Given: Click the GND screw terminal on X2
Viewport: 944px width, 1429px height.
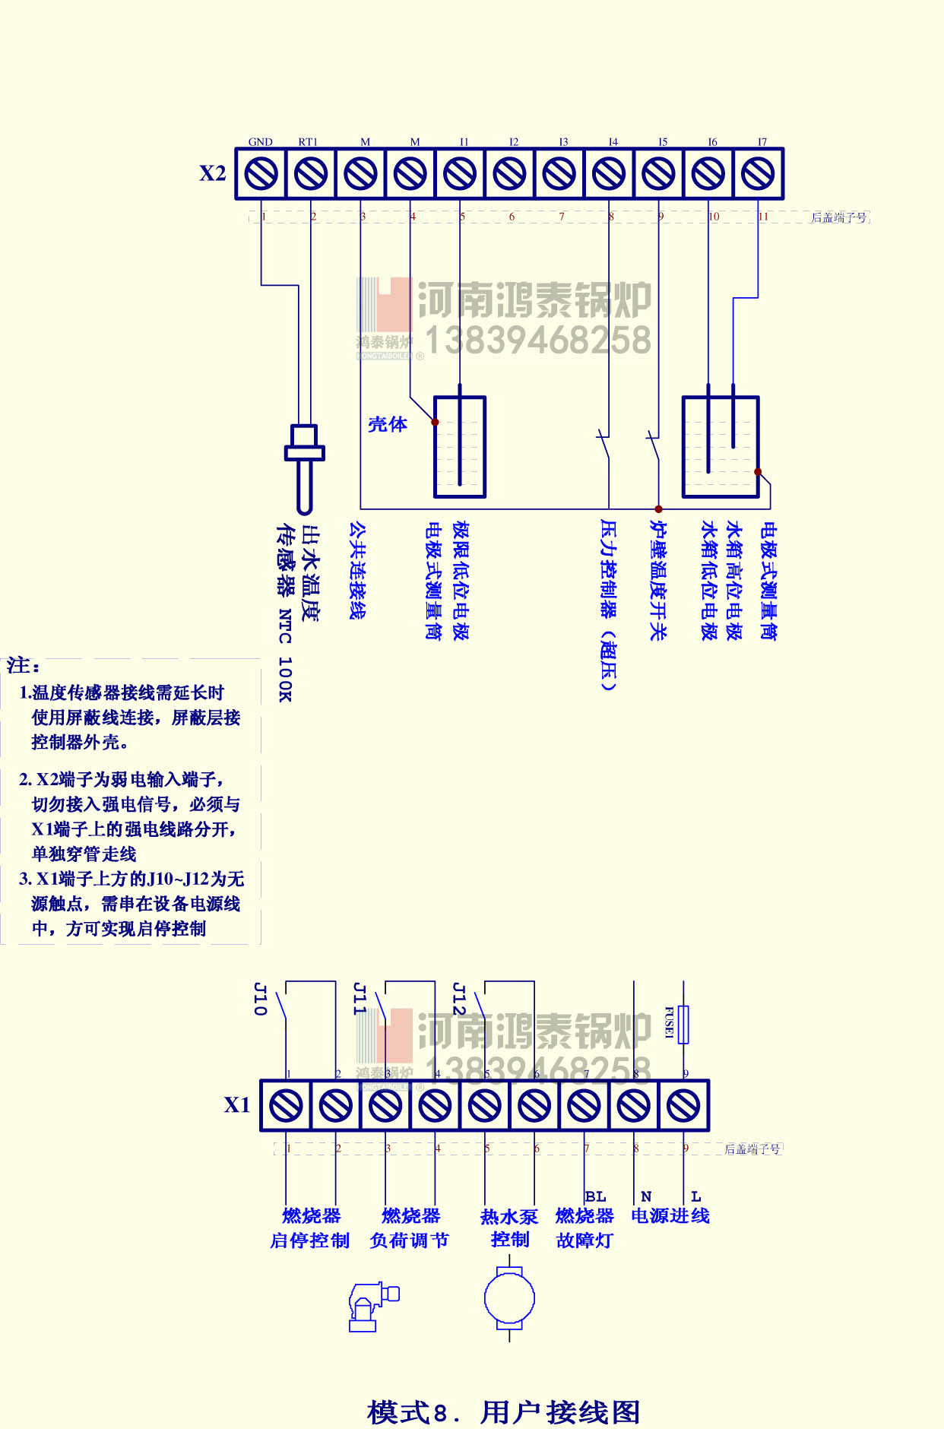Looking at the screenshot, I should coord(261,174).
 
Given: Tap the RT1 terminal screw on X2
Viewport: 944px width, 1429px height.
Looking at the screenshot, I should coord(311,174).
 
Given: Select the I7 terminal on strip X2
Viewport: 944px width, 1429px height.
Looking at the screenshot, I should coord(758,174).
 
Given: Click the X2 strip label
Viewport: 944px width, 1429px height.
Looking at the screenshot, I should coord(213,173).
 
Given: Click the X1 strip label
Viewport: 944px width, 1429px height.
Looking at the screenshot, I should coord(237,1105).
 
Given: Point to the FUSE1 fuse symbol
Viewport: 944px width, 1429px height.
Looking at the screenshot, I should coord(683,1024).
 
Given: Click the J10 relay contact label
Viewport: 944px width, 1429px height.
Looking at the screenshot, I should coord(260,999).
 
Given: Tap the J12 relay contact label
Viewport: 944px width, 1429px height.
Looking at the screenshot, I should coord(458,999).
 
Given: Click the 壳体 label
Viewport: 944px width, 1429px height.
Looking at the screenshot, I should coord(388,424).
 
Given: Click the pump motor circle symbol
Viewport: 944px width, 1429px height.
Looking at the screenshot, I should coord(509,1298).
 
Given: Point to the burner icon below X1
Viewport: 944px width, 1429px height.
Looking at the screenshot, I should coord(372,1306).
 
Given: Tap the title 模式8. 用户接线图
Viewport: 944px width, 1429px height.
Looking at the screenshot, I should coord(503,1412).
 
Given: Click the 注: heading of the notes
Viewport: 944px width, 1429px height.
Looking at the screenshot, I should coord(24,666).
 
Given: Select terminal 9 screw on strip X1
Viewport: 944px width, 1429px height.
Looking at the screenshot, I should coord(683,1105).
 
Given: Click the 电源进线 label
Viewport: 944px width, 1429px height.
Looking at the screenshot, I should coord(670,1216).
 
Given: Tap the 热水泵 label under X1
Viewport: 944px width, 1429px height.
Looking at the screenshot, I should coord(509,1217).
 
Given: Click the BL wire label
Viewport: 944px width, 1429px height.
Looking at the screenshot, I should coord(596,1196).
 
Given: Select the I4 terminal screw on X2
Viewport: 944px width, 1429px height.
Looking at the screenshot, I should coord(609,174).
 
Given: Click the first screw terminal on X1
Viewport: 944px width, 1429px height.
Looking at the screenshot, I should coord(286,1105).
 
